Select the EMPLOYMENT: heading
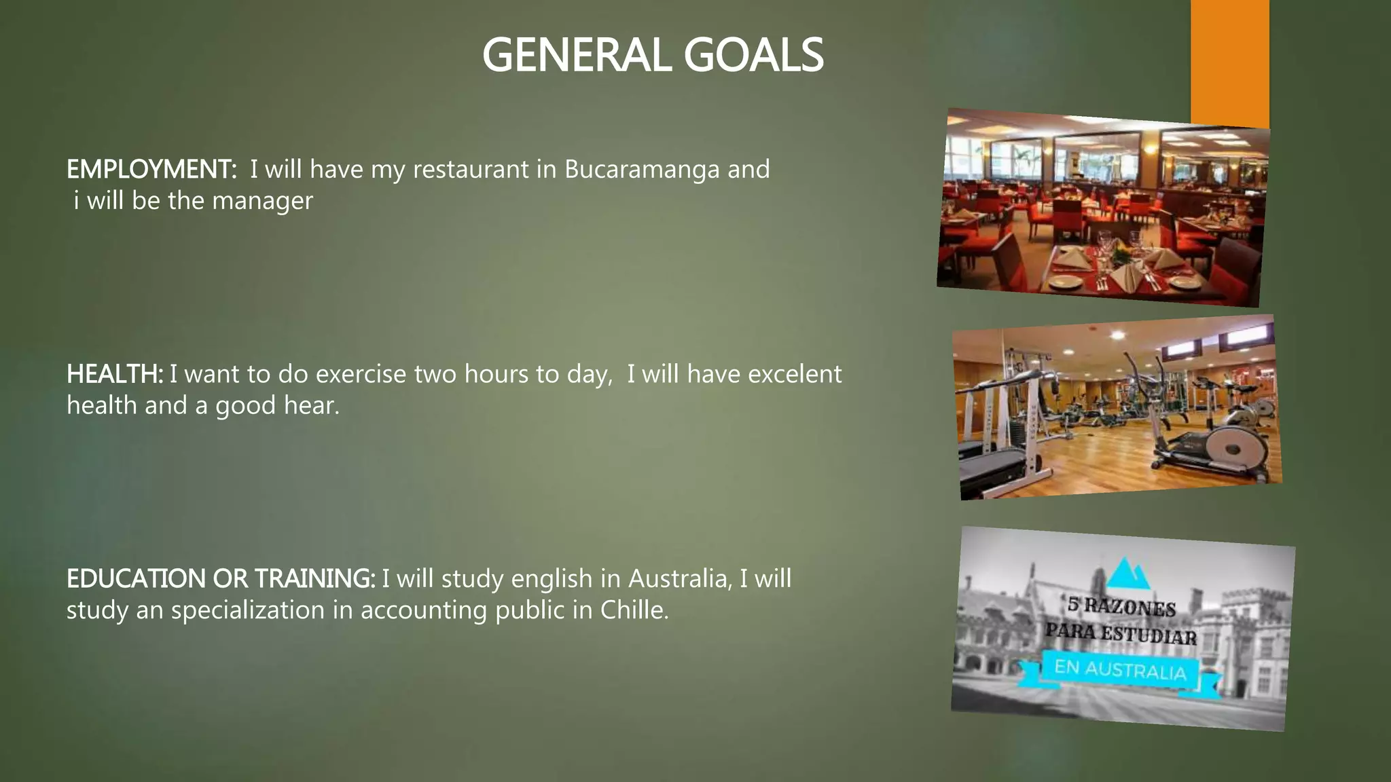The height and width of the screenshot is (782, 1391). tap(151, 169)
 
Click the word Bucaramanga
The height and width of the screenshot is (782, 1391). tap(642, 169)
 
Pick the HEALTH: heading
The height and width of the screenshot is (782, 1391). tap(114, 374)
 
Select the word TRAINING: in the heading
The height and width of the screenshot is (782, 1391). tap(314, 579)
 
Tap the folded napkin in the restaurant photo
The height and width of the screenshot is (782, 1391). tap(1128, 273)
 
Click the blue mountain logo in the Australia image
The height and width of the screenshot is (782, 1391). tap(1128, 574)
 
